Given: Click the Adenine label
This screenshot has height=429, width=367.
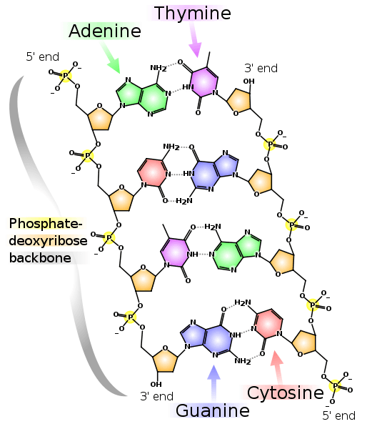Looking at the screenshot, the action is (x=105, y=31).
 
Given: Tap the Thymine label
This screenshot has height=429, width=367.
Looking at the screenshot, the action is (x=193, y=13).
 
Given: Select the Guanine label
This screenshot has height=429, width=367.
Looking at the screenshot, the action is (x=212, y=410).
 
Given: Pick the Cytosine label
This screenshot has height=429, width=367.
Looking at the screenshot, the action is (x=286, y=393).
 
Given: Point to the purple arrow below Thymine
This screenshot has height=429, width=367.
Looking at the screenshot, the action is (x=196, y=40).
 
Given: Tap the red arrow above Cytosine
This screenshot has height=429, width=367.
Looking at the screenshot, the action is (x=277, y=368).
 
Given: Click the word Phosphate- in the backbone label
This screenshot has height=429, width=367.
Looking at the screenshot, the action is (x=46, y=224).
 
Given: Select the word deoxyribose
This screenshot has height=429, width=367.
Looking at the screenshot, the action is (x=48, y=241).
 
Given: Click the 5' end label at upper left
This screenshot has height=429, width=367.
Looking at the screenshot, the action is (x=42, y=57).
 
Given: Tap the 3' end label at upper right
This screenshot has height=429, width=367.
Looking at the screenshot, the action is (x=261, y=68).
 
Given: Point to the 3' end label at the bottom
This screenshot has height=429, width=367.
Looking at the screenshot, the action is (x=157, y=396).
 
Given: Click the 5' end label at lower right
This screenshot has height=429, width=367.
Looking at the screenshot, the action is (x=339, y=415).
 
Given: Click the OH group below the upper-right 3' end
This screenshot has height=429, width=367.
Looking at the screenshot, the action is (x=248, y=82).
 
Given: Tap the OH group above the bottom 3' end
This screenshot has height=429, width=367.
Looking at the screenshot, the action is (x=156, y=385).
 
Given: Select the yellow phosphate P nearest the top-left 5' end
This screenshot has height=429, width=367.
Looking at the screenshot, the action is (x=66, y=75).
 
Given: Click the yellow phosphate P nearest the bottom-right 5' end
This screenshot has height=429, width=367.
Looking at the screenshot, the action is (x=336, y=386).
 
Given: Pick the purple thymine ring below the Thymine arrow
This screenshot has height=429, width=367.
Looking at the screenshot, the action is (x=204, y=82).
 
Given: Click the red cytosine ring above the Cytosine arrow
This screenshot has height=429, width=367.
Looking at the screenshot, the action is (x=269, y=323).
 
